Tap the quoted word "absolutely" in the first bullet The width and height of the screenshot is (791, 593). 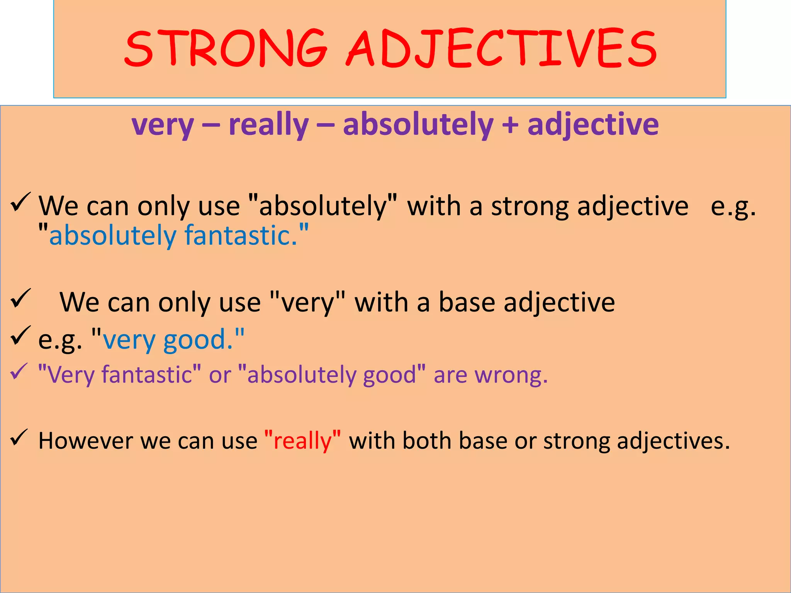tap(323, 206)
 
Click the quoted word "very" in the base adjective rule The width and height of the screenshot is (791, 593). tap(307, 302)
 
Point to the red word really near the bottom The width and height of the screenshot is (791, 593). tap(303, 441)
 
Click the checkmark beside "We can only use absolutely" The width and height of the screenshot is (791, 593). tap(20, 202)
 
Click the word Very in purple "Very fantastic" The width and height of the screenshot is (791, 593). tap(70, 375)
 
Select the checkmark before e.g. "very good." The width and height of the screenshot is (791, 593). tap(20, 335)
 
